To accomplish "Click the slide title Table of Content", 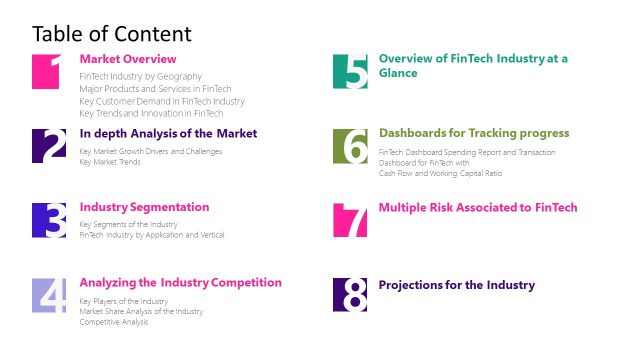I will (111, 34).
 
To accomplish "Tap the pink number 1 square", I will (49, 71).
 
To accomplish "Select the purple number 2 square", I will (49, 145).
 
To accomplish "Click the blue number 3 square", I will (49, 220).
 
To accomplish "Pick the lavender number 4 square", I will (49, 295).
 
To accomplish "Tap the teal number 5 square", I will (350, 71).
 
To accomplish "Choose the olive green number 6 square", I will (350, 145).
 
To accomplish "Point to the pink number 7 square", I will (350, 220).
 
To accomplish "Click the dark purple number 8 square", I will (350, 295).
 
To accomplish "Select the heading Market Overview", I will (127, 59).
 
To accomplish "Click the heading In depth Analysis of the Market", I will (168, 133).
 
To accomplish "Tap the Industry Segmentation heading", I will (144, 207).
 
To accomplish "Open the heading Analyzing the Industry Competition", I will (180, 282).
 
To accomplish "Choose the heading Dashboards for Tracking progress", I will (474, 133).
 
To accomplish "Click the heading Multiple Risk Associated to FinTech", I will (478, 208).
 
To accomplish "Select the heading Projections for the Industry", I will (456, 285).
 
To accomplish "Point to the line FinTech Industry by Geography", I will (141, 76).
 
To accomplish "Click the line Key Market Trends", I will (110, 161).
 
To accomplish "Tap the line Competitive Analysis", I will (113, 321).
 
